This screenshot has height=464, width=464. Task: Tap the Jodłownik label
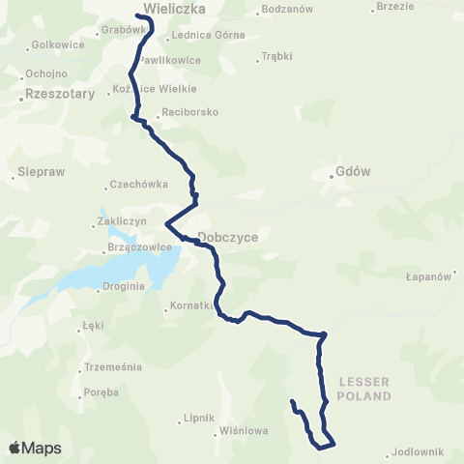[420, 451]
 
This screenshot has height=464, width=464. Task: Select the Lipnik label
[197, 419]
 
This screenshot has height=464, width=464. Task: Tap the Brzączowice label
[135, 247]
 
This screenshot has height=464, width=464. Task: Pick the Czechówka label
[141, 185]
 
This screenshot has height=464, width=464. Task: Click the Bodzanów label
[286, 12]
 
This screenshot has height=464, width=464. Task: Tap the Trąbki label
[279, 56]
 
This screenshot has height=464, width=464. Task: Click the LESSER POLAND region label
[365, 389]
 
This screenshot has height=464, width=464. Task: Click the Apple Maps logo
[35, 448]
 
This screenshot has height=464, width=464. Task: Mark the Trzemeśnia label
[113, 367]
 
